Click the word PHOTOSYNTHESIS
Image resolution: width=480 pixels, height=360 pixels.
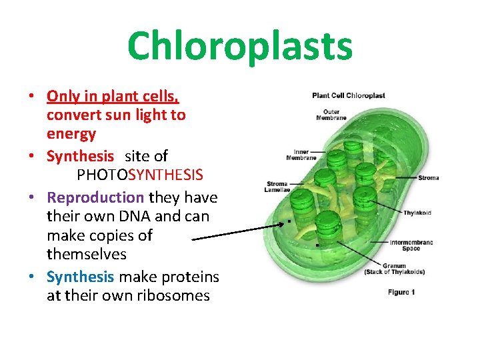pyautogui.click(x=140, y=175)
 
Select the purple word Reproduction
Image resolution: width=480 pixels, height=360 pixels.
pyautogui.click(x=96, y=197)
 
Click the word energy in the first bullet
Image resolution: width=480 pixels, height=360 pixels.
pyautogui.click(x=71, y=134)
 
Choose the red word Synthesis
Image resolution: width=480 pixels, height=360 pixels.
pyautogui.click(x=81, y=156)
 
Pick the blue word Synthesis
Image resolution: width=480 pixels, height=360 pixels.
pyautogui.click(x=81, y=276)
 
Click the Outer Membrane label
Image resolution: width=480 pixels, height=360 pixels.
pyautogui.click(x=331, y=115)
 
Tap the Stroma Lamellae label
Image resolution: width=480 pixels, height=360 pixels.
pyautogui.click(x=277, y=187)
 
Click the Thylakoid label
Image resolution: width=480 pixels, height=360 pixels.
pyautogui.click(x=417, y=213)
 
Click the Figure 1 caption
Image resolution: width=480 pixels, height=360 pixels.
pyautogui.click(x=401, y=292)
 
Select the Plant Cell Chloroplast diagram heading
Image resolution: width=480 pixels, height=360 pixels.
pyautogui.click(x=349, y=95)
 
